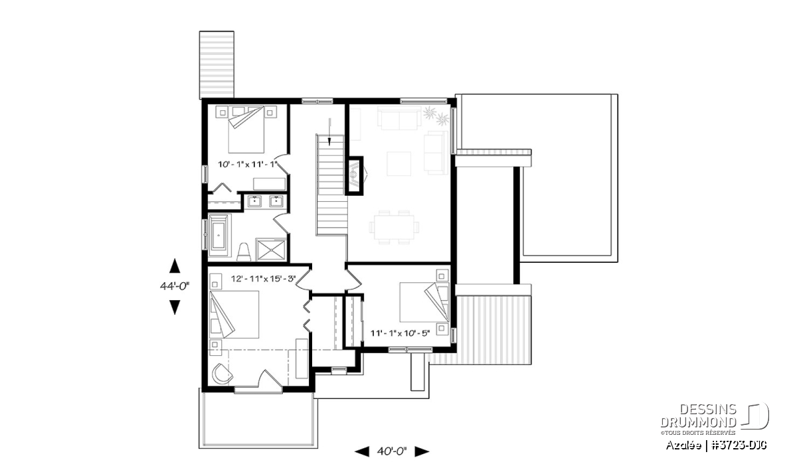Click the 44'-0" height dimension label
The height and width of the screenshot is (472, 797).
point(174,286)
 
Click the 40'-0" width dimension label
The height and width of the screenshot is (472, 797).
point(391,451)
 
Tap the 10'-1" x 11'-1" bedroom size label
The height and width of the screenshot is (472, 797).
point(248,165)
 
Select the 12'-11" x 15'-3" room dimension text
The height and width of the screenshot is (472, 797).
point(263,279)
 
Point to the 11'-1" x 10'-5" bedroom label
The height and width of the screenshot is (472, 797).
point(400,333)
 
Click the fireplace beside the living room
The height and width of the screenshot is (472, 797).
point(355,176)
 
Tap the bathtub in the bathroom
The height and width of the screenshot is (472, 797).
point(219,235)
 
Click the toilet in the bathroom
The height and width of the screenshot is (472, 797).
point(244,252)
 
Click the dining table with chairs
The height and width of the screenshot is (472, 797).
point(394,227)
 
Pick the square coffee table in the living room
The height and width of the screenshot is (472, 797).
point(399,163)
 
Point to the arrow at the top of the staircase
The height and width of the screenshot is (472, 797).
point(330,132)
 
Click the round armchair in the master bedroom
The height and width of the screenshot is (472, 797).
point(222,374)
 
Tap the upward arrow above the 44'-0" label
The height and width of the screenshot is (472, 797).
point(174,266)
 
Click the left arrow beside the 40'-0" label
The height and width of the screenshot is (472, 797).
point(362,451)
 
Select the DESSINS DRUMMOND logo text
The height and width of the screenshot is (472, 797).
point(699,416)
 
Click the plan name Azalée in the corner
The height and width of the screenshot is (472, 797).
point(683,445)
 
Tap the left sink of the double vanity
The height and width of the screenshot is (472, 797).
point(255,201)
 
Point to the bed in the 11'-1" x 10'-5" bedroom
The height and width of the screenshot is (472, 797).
point(424,302)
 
